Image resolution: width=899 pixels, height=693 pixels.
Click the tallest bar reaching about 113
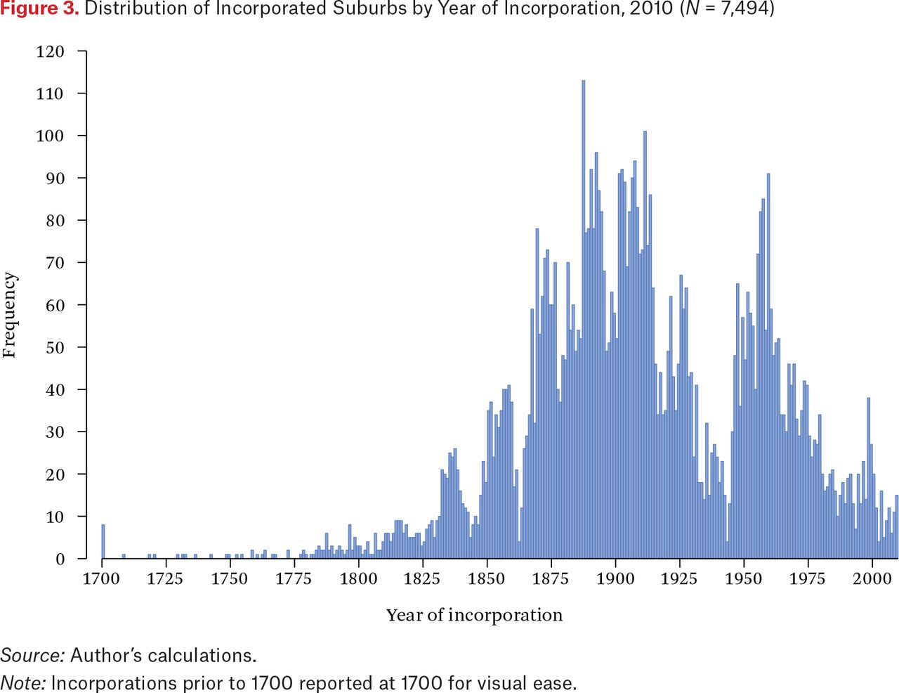[x=584, y=319]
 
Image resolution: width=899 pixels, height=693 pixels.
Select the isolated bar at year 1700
[x=103, y=541]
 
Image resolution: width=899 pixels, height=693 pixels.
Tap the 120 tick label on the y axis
[x=50, y=52]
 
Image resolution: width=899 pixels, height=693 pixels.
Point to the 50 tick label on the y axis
[x=55, y=348]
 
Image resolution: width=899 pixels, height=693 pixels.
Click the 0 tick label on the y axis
[x=60, y=559]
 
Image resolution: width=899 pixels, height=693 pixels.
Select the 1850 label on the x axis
[x=486, y=578]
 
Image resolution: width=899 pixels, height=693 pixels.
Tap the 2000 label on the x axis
[x=872, y=578]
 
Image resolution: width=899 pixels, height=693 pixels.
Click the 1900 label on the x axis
[x=615, y=578]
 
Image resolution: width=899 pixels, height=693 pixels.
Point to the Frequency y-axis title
[x=9, y=315]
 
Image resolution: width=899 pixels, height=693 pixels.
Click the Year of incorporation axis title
[x=474, y=615]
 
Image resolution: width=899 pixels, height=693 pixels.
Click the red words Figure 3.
[x=39, y=8]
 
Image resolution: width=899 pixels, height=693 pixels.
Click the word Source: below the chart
[x=33, y=655]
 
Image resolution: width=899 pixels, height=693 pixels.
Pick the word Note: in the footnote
[x=23, y=683]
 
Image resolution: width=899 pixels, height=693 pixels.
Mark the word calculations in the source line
[x=202, y=655]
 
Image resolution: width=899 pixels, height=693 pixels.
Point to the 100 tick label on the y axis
[x=50, y=136]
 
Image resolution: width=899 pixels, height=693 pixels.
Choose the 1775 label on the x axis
[x=294, y=578]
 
